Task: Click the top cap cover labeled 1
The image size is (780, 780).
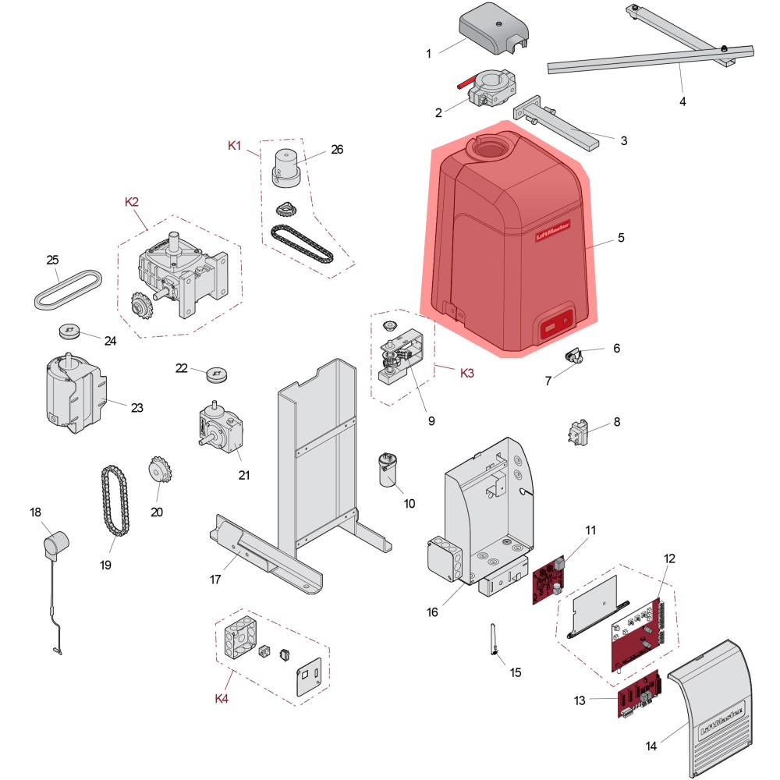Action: point(494,31)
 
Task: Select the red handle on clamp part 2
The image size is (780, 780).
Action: point(467,83)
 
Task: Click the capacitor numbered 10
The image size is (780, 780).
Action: point(388,470)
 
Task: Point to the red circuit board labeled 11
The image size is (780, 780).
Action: point(548,580)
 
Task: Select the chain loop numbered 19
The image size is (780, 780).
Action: point(114,501)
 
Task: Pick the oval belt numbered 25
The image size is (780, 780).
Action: point(68,290)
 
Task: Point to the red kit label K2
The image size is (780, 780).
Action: point(131,202)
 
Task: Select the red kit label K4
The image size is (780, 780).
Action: point(222,698)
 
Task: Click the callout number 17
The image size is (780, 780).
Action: point(215,580)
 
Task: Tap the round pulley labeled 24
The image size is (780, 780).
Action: point(69,331)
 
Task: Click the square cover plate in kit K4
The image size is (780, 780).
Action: point(310,676)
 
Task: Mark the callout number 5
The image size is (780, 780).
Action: point(621,238)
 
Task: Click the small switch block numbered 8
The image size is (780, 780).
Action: point(577,433)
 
